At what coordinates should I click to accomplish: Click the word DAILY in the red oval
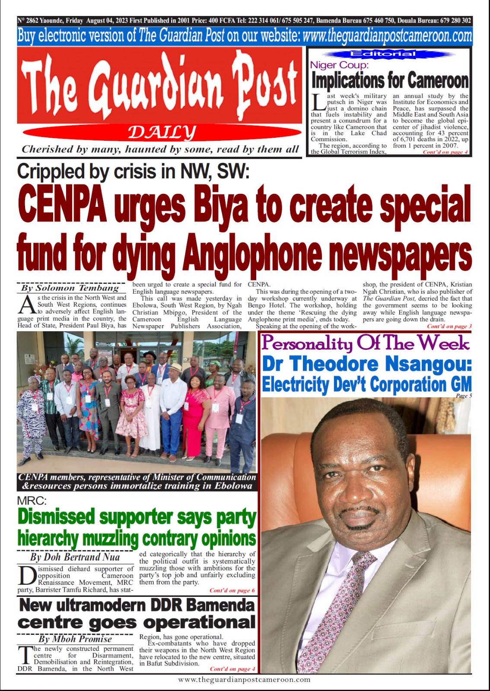[x=162, y=132]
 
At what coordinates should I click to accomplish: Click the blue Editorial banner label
[x=389, y=54]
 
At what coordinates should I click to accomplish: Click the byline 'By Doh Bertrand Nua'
[x=75, y=557]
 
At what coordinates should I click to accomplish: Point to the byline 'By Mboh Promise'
[x=75, y=639]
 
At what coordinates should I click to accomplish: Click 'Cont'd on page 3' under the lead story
[x=449, y=326]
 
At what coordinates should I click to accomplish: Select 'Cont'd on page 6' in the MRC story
[x=232, y=590]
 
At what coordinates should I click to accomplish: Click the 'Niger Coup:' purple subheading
[x=339, y=65]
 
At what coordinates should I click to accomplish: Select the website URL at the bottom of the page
[x=245, y=679]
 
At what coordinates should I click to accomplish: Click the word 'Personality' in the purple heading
[x=307, y=344]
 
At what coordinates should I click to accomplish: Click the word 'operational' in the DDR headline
[x=199, y=622]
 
